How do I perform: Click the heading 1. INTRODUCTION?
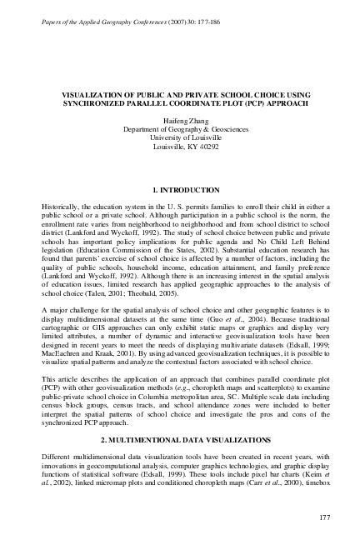point(180,189)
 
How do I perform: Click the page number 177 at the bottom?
point(324,519)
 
